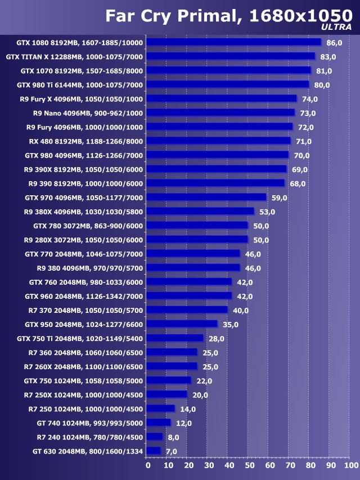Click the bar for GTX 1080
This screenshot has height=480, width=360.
(x=234, y=42)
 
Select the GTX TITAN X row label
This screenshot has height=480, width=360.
(x=74, y=57)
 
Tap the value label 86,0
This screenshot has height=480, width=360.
(x=335, y=43)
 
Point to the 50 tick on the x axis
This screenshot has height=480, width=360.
(x=249, y=465)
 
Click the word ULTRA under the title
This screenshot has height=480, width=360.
(x=336, y=26)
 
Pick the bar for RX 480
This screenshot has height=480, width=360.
(x=219, y=141)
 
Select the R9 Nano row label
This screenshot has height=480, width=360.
(x=88, y=113)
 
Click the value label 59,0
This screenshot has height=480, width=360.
(x=280, y=198)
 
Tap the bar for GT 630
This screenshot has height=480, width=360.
(x=154, y=451)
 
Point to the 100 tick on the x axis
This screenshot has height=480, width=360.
(x=350, y=465)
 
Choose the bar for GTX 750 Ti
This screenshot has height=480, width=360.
(x=175, y=338)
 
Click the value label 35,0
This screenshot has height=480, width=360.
(x=231, y=324)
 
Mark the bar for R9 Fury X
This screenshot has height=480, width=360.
(x=222, y=99)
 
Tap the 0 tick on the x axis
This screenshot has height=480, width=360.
(x=148, y=465)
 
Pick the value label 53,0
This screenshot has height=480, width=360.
(x=267, y=212)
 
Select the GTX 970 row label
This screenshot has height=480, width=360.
(x=84, y=198)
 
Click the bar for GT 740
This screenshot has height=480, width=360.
(x=159, y=423)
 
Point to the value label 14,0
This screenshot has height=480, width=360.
(x=188, y=409)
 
